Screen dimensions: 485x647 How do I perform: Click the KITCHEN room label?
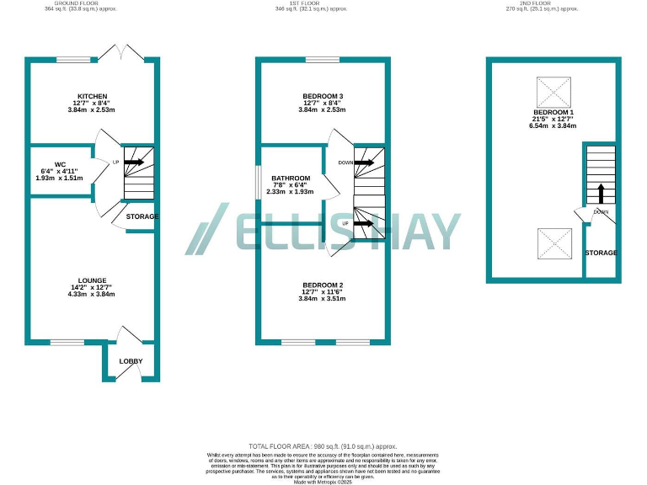[91, 96]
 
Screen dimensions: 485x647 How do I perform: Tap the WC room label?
[60, 164]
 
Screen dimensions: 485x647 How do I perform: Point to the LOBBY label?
[131, 361]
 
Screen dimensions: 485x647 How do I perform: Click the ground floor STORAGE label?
[142, 216]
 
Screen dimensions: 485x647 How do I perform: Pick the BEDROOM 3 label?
[323, 96]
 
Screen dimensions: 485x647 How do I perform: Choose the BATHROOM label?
[291, 178]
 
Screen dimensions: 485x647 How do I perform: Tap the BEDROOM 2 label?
[323, 285]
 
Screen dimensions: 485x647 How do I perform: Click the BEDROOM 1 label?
[553, 113]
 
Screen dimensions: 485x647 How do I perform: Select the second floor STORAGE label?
[602, 253]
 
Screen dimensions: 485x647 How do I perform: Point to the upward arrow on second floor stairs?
[601, 193]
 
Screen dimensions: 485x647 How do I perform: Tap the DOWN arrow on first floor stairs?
[364, 162]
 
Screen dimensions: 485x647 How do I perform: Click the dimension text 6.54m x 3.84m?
[553, 126]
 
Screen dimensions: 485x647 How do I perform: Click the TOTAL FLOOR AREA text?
[323, 445]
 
